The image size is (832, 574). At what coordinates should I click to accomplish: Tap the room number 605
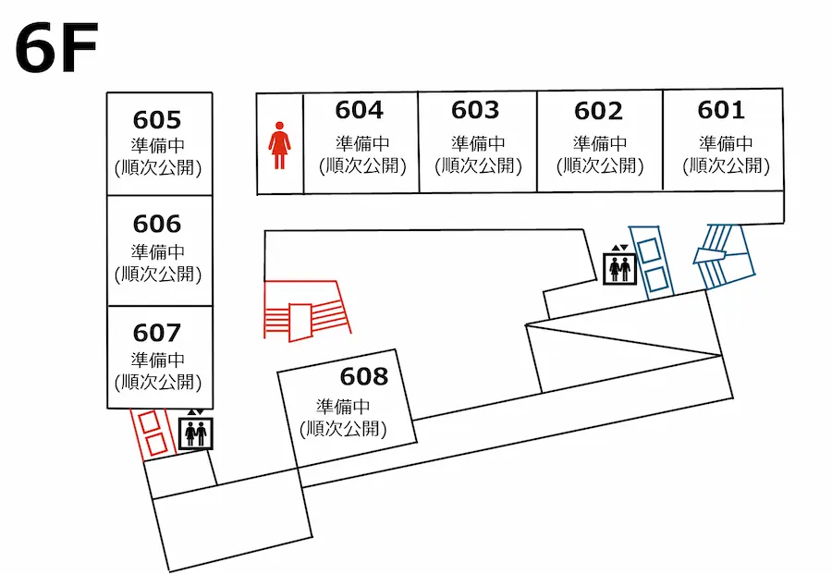tap(157, 120)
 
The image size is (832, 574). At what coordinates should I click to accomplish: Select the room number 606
tap(157, 225)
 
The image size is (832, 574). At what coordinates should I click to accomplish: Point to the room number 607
tap(157, 332)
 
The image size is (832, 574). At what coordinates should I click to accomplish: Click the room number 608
tap(364, 377)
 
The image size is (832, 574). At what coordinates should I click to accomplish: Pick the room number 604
tap(359, 110)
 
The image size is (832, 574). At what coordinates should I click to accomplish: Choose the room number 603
tap(475, 110)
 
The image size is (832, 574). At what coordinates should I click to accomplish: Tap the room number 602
tap(598, 111)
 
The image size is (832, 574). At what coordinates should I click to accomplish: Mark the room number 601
tap(721, 110)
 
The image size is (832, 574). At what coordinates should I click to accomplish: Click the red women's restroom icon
tap(279, 148)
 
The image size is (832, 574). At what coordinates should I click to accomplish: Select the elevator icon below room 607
tap(195, 432)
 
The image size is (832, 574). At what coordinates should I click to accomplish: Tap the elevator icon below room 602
tap(618, 267)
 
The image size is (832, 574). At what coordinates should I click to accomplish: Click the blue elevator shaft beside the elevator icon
tap(653, 262)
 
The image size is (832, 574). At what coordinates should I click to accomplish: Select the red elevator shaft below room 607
tap(152, 432)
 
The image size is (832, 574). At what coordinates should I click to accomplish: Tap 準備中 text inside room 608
tap(343, 407)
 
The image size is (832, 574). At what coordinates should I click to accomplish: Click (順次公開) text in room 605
tap(157, 168)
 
